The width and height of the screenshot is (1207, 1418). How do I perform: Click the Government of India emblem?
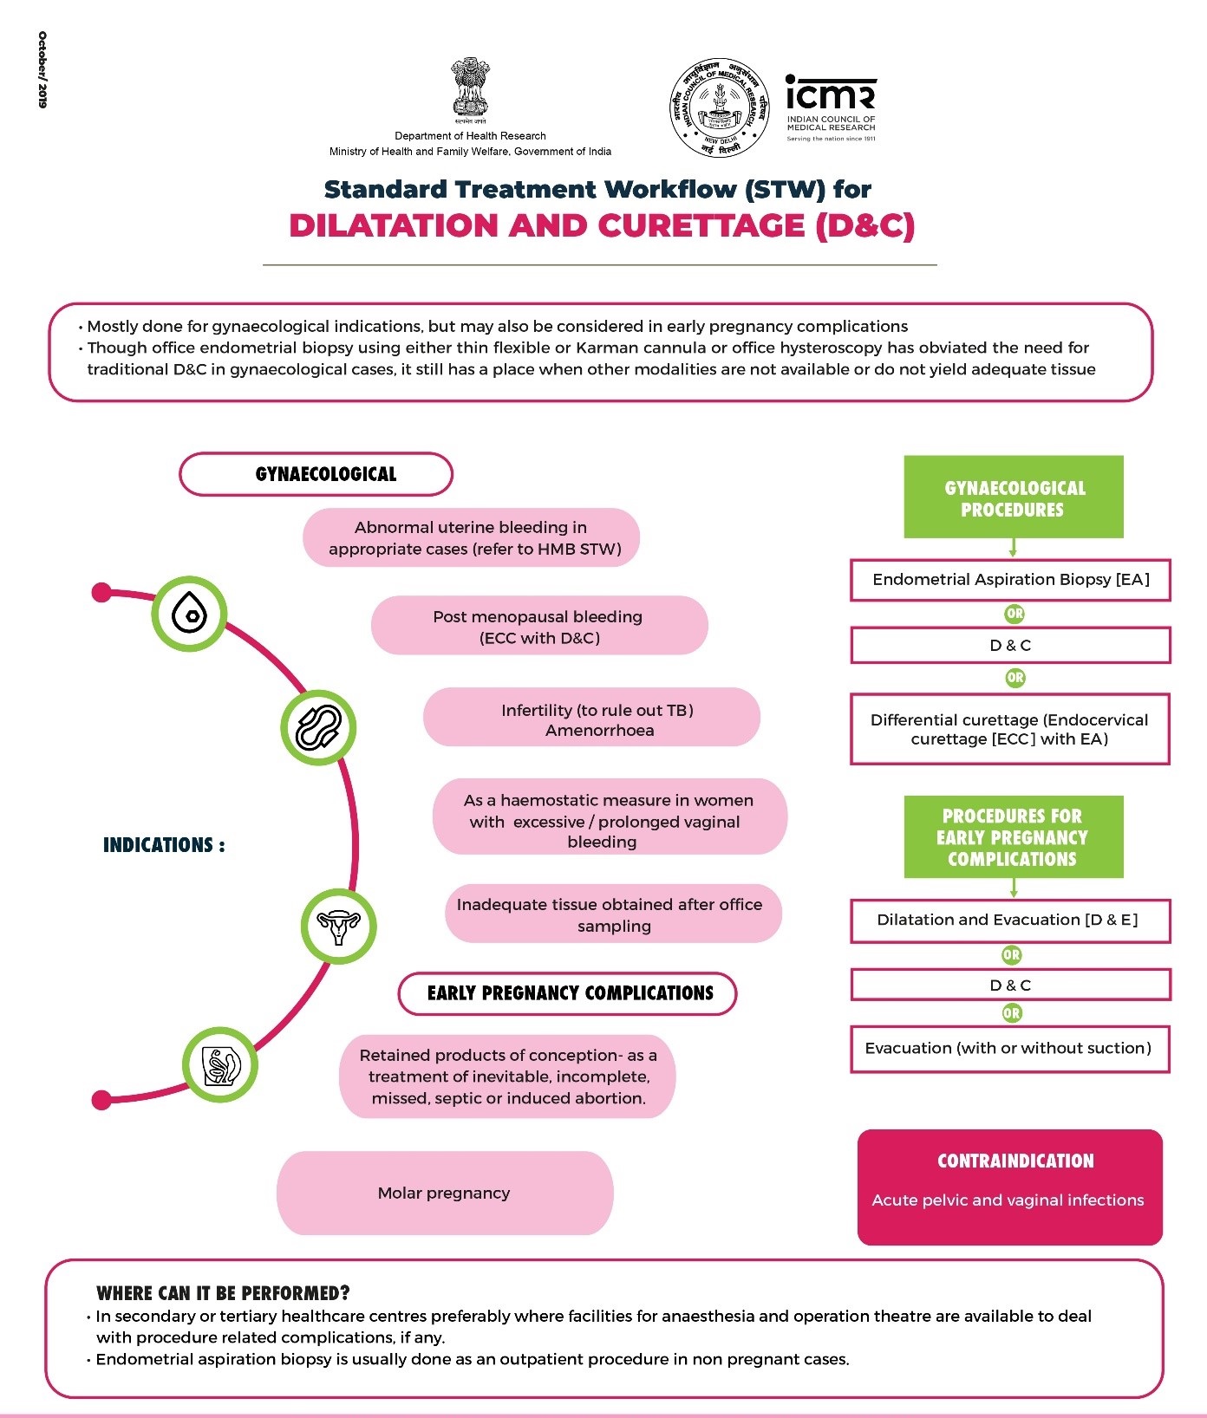470,88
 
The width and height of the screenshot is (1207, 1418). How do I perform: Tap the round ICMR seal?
720,108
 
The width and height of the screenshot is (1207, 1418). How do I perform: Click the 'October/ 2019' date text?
42,69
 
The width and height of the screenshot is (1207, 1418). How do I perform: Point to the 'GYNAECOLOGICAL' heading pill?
316,474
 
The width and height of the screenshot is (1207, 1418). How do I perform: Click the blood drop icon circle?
189,614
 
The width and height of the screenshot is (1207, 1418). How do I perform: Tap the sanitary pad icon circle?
318,727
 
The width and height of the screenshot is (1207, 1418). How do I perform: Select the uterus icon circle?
338,927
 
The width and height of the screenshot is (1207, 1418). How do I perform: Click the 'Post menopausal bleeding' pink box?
539,626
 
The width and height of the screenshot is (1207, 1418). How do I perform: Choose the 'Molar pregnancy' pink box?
445,1193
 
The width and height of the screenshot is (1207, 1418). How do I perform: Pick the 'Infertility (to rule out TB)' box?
591,718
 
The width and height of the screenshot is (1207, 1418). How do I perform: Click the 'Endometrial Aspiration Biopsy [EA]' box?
1010,580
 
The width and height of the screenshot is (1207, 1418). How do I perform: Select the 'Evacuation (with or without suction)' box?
1010,1049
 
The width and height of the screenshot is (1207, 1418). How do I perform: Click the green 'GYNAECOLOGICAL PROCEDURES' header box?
1014,498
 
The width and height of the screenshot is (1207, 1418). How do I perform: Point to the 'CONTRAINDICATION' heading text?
1015,1161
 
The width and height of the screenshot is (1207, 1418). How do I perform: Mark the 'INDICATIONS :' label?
164,845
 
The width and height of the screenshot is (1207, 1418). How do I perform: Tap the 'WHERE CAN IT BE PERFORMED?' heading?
223,1293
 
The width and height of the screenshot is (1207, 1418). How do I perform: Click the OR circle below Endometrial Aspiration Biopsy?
1015,614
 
